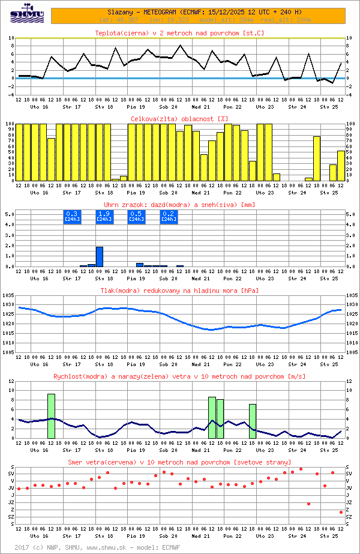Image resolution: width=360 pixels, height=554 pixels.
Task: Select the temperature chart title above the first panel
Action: [179, 33]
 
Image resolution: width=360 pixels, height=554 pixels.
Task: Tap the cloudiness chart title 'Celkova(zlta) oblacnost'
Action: [179, 119]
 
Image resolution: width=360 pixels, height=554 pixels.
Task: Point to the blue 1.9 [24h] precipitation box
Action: [104, 216]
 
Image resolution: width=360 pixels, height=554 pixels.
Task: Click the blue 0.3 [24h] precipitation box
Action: [71, 216]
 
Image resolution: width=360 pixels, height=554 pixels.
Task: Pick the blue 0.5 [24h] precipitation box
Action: [136, 216]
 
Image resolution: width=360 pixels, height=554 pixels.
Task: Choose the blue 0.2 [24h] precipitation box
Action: [169, 216]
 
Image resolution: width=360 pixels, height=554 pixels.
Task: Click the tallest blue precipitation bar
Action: [100, 257]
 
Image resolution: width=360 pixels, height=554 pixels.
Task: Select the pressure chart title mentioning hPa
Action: [179, 291]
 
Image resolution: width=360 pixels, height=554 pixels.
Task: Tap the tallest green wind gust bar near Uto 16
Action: [51, 415]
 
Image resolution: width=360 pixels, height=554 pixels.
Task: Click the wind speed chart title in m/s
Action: [179, 376]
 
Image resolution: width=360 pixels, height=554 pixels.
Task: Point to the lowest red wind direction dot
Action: [341, 512]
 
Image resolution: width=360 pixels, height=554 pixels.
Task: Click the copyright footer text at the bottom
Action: [96, 547]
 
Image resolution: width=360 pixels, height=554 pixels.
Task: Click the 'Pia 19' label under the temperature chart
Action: [136, 107]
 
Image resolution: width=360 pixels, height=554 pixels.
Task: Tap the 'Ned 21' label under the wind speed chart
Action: [201, 450]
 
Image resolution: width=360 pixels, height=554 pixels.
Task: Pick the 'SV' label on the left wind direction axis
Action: [11, 474]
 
